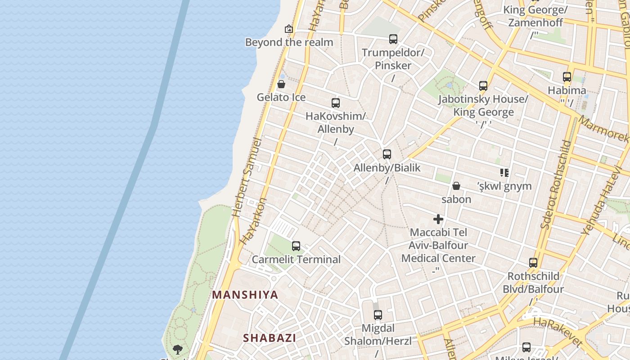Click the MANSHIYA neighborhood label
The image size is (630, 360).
click(x=245, y=295)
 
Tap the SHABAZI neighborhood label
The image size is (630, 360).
click(x=270, y=338)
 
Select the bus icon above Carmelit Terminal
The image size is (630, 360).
click(x=296, y=246)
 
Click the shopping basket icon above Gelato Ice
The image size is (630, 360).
click(x=281, y=84)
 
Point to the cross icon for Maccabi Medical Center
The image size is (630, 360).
click(x=438, y=219)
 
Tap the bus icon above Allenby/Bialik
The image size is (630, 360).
click(x=387, y=154)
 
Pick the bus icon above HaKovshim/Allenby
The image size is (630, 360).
click(x=336, y=103)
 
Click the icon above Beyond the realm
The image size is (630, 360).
click(x=289, y=29)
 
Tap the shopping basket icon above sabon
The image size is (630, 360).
click(x=456, y=186)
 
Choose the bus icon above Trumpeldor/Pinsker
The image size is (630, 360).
click(x=393, y=39)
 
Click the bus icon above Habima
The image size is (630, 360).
click(x=567, y=77)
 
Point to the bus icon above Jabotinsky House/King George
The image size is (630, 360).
click(x=483, y=85)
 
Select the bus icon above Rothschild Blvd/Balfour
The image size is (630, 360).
click(x=533, y=263)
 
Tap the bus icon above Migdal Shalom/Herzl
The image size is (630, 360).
click(x=378, y=315)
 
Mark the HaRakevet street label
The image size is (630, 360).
click(x=558, y=333)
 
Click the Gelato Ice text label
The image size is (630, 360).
click(x=281, y=97)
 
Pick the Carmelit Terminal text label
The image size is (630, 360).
click(x=296, y=260)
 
